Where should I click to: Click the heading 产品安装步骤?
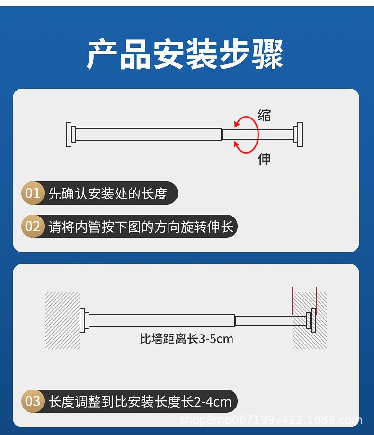pyautogui.click(x=186, y=54)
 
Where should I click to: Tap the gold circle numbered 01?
pyautogui.click(x=33, y=193)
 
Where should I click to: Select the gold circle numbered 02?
pyautogui.click(x=33, y=226)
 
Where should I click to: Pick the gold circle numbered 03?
pyautogui.click(x=33, y=401)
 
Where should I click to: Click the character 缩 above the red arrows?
pyautogui.click(x=264, y=115)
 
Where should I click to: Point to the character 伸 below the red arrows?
pyautogui.click(x=264, y=159)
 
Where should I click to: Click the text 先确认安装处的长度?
pyautogui.click(x=108, y=193)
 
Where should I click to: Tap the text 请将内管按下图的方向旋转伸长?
pyautogui.click(x=141, y=226)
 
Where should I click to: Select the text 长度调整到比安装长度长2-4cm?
pyautogui.click(x=140, y=401)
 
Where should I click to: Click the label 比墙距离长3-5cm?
pyautogui.click(x=187, y=339)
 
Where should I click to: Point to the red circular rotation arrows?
pyautogui.click(x=246, y=134)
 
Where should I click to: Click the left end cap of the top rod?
pyautogui.click(x=70, y=134)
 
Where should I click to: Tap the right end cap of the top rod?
pyautogui.click(x=298, y=134)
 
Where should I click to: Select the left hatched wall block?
pyautogui.click(x=62, y=321)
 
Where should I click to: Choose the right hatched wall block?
pyautogui.click(x=310, y=321)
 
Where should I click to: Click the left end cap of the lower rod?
pyautogui.click(x=84, y=320)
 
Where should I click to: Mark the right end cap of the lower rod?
pyautogui.click(x=311, y=320)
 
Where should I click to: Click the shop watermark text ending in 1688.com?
pyautogui.click(x=271, y=420)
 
